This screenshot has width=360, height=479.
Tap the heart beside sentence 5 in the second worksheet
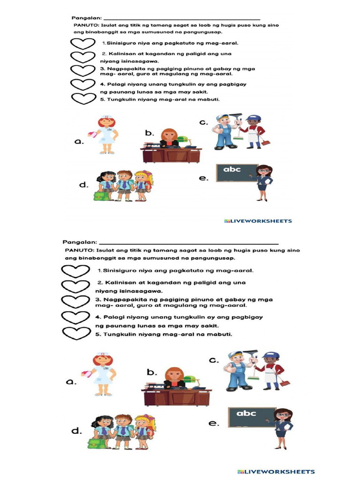pyautogui.click(x=75, y=334)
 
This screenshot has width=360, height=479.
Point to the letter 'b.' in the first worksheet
pyautogui.click(x=150, y=133)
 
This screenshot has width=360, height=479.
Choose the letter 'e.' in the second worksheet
pyautogui.click(x=214, y=423)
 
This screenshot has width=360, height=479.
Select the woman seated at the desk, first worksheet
pyautogui.click(x=169, y=138)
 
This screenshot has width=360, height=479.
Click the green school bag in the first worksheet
pyautogui.click(x=101, y=196)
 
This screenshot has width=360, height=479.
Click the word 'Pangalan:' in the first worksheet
pyautogui.click(x=86, y=17)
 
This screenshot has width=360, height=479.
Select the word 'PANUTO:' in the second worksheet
pyautogui.click(x=78, y=250)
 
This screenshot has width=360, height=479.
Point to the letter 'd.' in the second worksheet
pyautogui.click(x=77, y=431)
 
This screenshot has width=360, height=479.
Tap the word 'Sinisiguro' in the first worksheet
pyautogui.click(x=120, y=43)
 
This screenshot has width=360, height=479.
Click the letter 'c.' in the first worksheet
pyautogui.click(x=203, y=123)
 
